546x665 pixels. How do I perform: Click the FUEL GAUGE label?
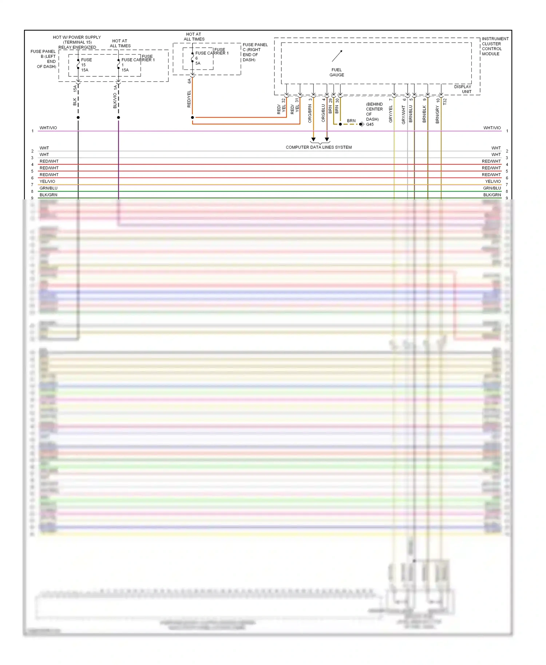coord(337,72)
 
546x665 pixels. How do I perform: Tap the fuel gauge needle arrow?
coord(337,56)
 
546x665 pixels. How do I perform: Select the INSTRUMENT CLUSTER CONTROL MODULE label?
coord(495,46)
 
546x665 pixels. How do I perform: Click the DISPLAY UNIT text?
coord(463,89)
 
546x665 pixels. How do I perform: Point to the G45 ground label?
coord(370,124)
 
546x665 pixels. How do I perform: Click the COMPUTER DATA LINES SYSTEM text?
coord(318,147)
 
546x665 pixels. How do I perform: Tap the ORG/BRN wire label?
coord(310,114)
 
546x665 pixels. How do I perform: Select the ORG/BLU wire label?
coord(323,113)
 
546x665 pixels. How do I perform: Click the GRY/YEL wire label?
coord(391,114)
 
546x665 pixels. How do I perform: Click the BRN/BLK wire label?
coord(424,114)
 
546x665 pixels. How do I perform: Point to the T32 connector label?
coord(444,102)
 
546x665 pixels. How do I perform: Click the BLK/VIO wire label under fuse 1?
coord(115,101)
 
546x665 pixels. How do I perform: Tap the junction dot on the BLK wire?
coord(78,118)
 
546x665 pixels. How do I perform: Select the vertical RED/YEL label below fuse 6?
coord(189,99)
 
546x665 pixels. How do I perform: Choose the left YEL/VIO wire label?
coord(47,182)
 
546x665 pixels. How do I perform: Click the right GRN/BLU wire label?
coord(492,188)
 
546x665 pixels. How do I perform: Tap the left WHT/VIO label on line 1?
coord(48,128)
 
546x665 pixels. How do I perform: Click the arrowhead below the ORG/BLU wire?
coord(327,139)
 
